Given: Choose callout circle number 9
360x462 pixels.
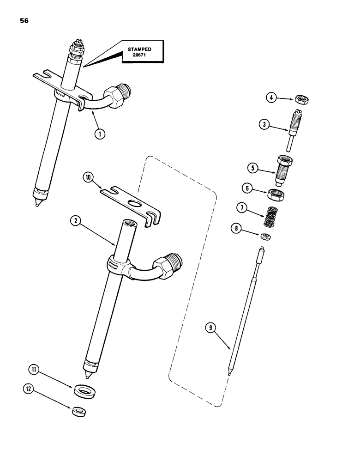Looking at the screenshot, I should [x=210, y=328].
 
